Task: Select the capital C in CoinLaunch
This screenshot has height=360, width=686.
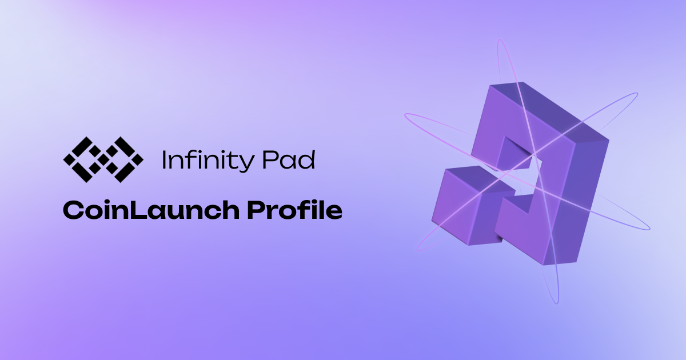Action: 73,211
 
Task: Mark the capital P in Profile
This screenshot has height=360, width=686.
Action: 257,210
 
